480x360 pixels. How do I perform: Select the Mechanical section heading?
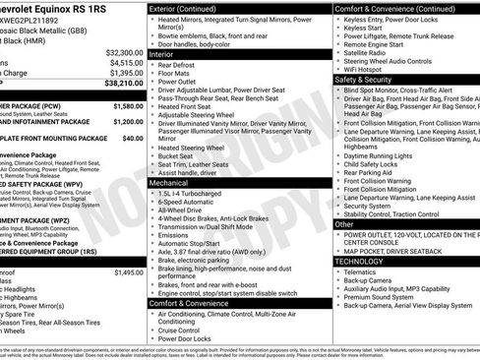(176, 183)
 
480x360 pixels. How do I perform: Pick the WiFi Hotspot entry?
(366, 69)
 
